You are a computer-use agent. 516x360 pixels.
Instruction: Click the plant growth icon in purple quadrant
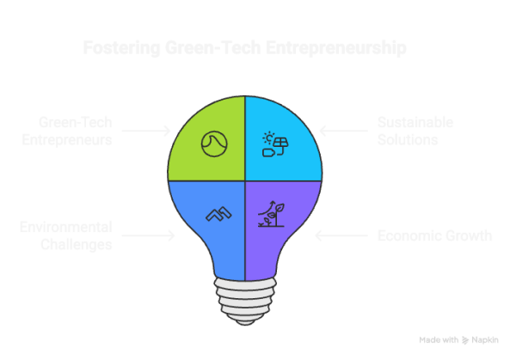tap(274, 213)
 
